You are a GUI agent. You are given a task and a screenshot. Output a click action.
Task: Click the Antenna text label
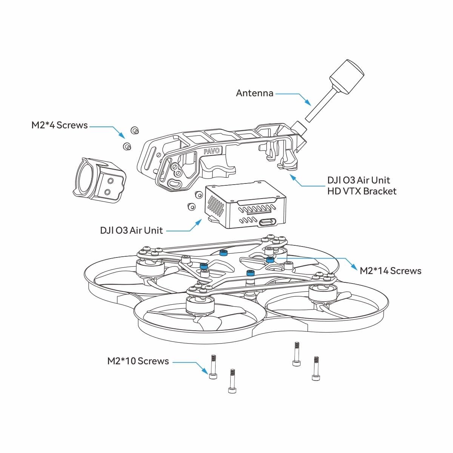click(254, 93)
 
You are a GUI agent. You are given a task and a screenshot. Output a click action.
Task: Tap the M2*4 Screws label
click(59, 125)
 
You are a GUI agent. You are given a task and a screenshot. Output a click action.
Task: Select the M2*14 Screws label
click(390, 271)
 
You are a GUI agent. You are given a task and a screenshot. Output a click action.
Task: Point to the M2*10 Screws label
click(138, 361)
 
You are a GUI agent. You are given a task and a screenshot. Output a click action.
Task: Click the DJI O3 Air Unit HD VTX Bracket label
click(362, 185)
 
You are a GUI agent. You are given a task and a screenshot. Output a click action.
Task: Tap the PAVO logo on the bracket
click(211, 151)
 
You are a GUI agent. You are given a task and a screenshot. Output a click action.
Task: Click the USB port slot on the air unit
click(268, 222)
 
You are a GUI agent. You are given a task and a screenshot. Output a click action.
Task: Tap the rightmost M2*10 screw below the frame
click(316, 368)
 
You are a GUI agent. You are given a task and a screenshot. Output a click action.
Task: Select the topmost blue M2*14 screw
click(224, 253)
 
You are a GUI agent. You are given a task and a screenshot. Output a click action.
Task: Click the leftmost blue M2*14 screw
click(204, 266)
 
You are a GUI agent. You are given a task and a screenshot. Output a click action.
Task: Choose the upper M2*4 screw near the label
click(134, 130)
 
